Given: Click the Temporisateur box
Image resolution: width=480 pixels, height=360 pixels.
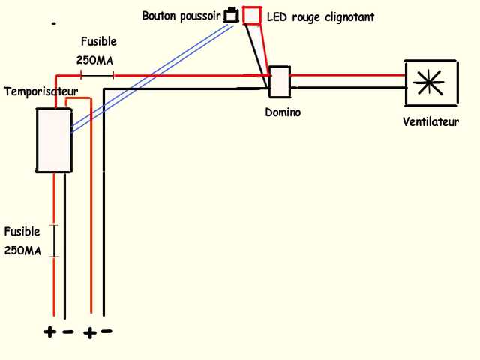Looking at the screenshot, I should (54, 140).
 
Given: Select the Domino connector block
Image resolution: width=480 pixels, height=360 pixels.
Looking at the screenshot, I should (279, 82).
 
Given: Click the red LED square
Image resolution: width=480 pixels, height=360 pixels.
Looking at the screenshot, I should (252, 15).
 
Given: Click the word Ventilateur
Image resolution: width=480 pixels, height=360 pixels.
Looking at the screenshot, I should (430, 121).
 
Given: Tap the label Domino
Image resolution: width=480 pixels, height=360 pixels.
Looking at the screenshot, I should (283, 112).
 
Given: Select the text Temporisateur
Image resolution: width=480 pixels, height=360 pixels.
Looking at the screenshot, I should (41, 91).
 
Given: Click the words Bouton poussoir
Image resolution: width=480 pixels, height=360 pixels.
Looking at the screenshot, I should (181, 16).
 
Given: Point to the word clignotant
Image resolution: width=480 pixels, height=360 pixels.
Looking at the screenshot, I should (346, 16).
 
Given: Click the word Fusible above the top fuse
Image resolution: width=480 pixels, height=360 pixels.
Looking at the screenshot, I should (98, 42).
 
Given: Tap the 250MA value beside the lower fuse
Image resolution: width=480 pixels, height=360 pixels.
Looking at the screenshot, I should (22, 250).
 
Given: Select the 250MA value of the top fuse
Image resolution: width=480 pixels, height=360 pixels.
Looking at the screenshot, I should (97, 59).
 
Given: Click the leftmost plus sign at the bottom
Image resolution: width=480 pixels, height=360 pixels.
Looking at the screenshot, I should (49, 332).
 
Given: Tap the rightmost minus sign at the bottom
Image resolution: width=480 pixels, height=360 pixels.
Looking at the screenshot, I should (106, 331).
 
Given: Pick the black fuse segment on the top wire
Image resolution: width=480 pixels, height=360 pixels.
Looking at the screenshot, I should (97, 75).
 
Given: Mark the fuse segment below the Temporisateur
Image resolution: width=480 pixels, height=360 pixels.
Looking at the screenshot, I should (54, 241).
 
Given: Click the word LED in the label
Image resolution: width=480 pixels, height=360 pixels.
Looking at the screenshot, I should (277, 16).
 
